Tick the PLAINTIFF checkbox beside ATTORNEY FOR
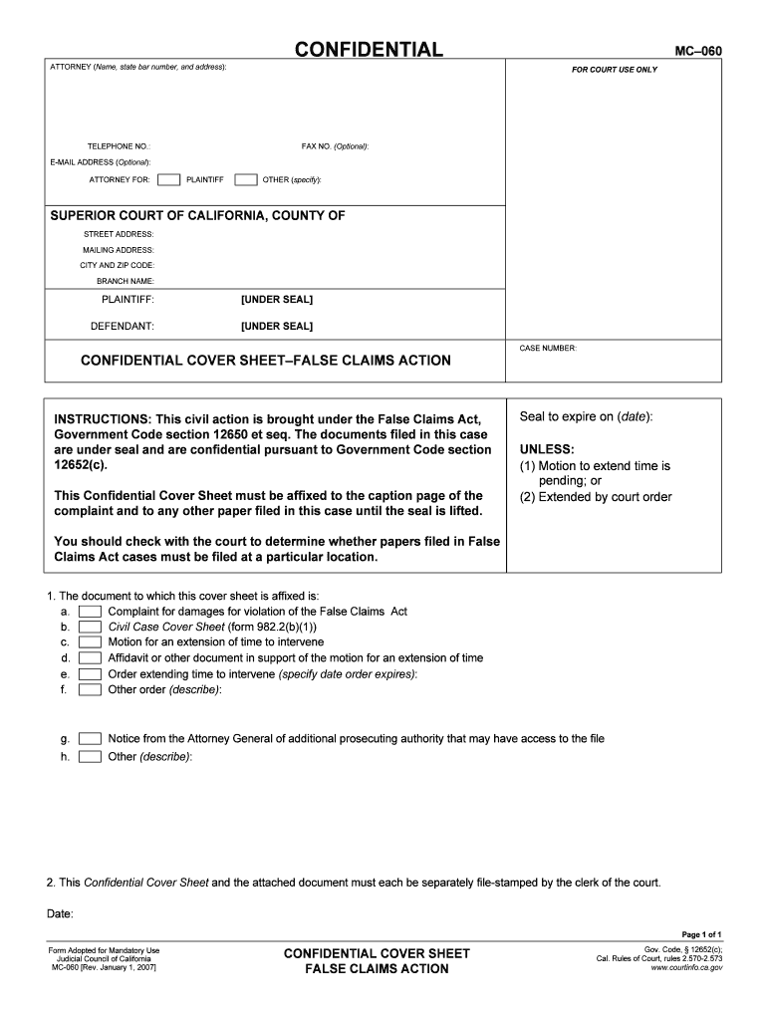coord(169,180)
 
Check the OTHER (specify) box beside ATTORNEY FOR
coord(245,180)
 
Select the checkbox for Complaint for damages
coord(91,612)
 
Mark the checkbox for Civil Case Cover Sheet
coord(91,628)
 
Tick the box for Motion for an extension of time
coord(91,642)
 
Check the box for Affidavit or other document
coord(91,658)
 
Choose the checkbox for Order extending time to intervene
coord(91,674)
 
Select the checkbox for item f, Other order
coord(91,689)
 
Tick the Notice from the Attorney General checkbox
coord(91,739)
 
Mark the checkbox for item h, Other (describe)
coord(91,757)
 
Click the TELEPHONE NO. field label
coord(119,146)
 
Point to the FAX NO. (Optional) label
coord(335,146)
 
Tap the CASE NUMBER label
coord(548,349)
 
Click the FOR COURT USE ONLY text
coord(614,70)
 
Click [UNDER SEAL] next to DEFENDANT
coord(277,326)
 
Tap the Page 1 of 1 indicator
coord(701,934)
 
